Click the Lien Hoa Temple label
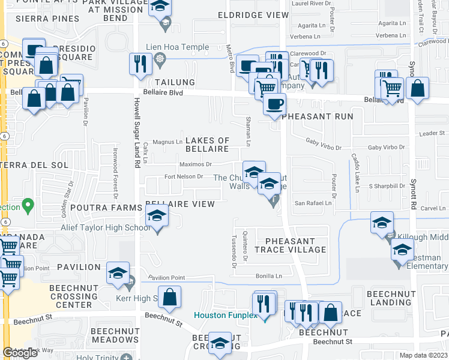coord(178,47)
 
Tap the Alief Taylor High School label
coord(105,227)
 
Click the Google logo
coord(20,353)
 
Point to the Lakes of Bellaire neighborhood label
coord(207,145)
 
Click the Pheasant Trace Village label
coord(290,245)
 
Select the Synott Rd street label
coord(413,193)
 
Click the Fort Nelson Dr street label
coord(184,176)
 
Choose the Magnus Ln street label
coord(167,142)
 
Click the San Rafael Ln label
coord(312,203)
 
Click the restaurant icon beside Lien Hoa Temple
coord(140,63)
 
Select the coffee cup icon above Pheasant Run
coord(276,104)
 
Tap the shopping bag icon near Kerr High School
coord(170,298)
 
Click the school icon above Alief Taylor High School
coord(157,215)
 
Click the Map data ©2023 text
coord(424,355)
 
